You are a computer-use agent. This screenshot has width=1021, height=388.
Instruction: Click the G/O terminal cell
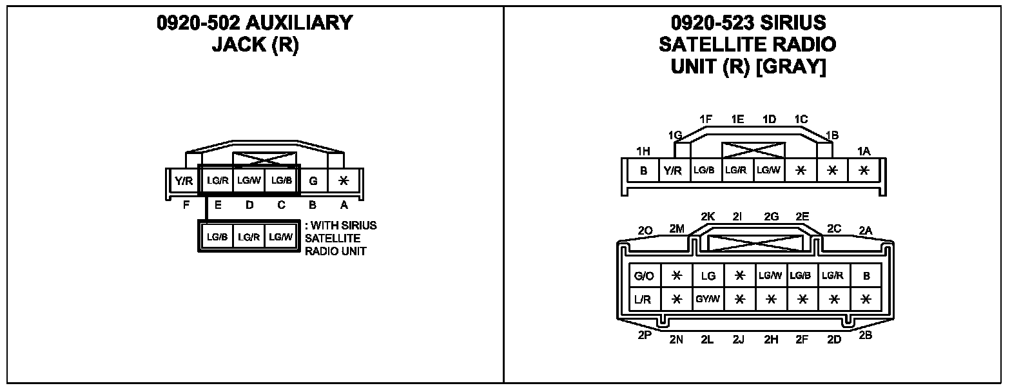644,276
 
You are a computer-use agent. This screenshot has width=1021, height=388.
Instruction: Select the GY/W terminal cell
708,300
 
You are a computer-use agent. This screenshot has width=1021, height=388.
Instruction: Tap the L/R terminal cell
644,300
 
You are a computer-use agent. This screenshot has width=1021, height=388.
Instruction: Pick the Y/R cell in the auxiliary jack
184,181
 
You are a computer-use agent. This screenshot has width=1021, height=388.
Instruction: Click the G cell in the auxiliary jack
313,181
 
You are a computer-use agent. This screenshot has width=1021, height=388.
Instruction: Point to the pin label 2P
644,335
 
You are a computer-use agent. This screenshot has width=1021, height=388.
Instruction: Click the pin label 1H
643,151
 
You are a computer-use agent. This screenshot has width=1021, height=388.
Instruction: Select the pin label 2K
708,217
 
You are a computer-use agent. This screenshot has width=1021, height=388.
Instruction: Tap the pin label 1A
864,151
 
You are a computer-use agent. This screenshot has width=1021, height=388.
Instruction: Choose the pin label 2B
866,335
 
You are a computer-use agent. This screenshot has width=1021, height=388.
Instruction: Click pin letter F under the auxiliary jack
186,206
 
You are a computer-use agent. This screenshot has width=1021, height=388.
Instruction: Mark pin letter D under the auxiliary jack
249,206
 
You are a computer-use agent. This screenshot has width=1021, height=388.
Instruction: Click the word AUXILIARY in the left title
298,23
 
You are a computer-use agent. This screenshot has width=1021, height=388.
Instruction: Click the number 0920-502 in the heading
198,23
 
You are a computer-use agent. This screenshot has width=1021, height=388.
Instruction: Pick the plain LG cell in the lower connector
708,276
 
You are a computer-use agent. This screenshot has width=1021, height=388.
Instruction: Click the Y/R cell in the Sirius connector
672,171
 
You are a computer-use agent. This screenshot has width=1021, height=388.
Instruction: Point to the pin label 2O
645,231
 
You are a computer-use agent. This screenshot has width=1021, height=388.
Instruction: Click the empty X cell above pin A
344,181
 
